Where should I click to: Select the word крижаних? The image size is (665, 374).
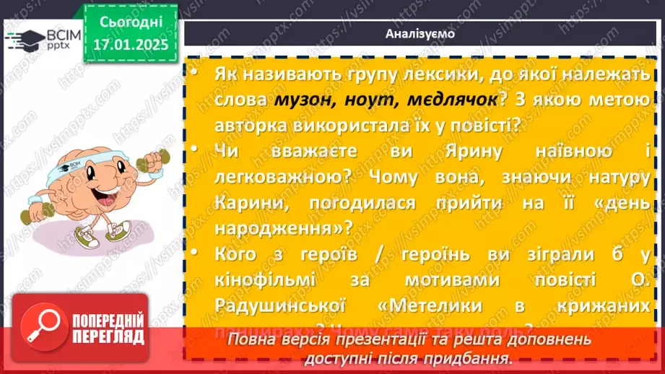click(604, 306)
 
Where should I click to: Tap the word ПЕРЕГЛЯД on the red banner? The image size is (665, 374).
click(108, 337)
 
